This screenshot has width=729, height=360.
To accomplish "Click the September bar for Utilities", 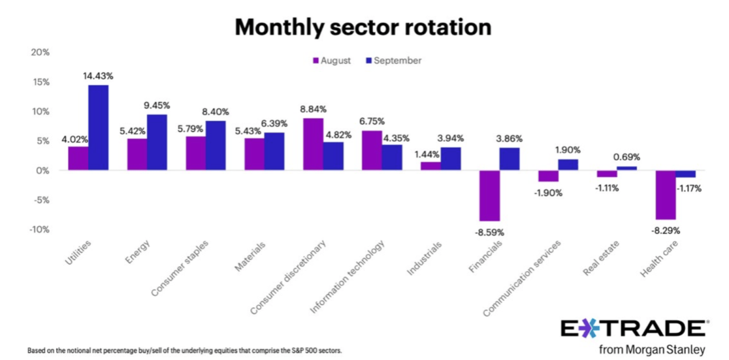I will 98,128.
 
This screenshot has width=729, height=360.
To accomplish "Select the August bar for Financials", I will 489,195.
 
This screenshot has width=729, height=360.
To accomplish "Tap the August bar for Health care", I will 665,195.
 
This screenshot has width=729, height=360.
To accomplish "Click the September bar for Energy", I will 157,142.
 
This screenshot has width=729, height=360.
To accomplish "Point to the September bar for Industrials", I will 450,159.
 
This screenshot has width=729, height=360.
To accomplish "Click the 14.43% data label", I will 98,76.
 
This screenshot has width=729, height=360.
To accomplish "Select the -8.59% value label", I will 489,232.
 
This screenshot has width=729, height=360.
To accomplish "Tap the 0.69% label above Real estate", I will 627,157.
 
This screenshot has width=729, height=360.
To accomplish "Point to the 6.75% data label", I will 371,122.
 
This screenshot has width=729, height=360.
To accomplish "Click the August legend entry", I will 332,60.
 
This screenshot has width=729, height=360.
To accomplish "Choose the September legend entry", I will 393,60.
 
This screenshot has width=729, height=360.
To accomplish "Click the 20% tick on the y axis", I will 39,52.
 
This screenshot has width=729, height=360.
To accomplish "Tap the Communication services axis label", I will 522,278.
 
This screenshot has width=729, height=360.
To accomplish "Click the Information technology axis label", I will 348,275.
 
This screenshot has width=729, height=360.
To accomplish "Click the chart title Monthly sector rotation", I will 363,27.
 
